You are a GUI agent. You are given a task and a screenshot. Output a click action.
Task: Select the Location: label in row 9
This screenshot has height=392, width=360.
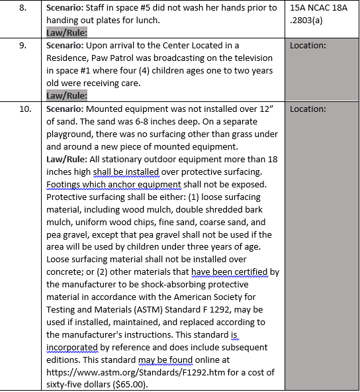point(308,46)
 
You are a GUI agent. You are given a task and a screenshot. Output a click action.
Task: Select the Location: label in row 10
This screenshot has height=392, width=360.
point(308,109)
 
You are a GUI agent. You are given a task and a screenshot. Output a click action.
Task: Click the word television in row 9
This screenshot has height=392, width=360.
point(251,58)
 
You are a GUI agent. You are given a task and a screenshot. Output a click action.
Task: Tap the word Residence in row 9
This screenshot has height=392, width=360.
point(68,58)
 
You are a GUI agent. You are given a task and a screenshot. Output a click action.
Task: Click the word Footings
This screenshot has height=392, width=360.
point(66,184)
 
